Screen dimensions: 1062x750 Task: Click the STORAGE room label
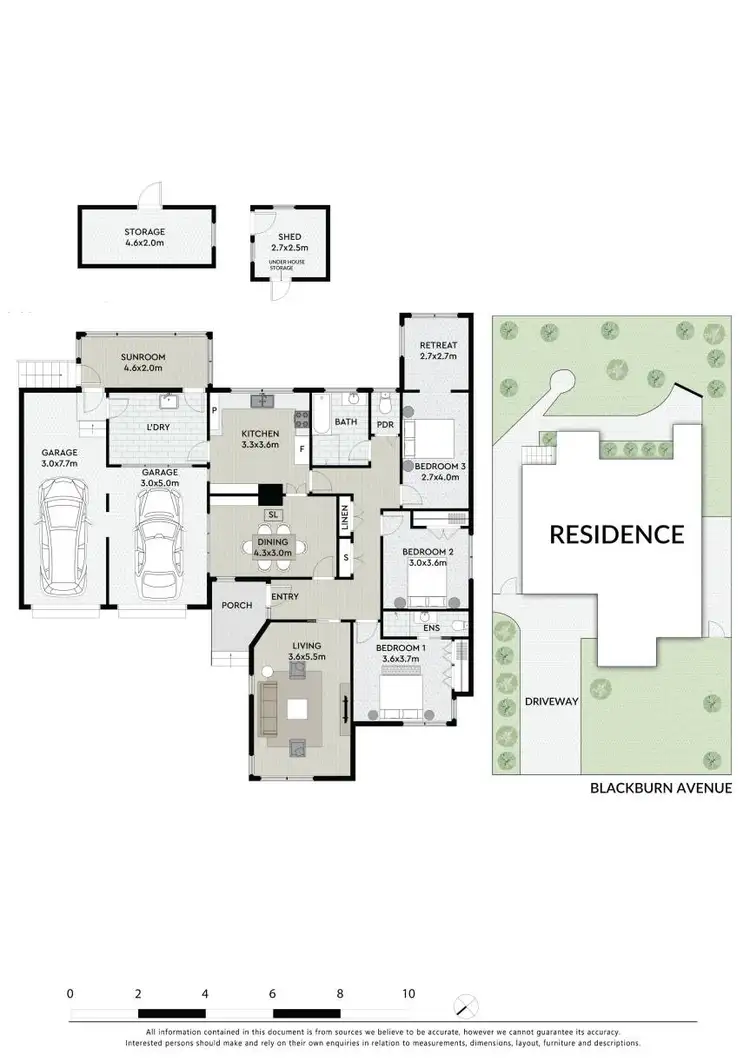pyautogui.click(x=146, y=230)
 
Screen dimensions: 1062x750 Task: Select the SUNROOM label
pyautogui.click(x=143, y=357)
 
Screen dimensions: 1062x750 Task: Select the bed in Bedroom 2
pyautogui.click(x=428, y=582)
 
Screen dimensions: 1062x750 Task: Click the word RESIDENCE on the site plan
pyautogui.click(x=616, y=534)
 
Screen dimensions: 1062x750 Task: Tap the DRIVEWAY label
pyautogui.click(x=551, y=702)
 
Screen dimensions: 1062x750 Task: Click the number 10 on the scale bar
pyautogui.click(x=408, y=994)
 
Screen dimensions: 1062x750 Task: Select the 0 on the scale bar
pyautogui.click(x=70, y=994)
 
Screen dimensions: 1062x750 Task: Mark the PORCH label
pyautogui.click(x=236, y=606)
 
